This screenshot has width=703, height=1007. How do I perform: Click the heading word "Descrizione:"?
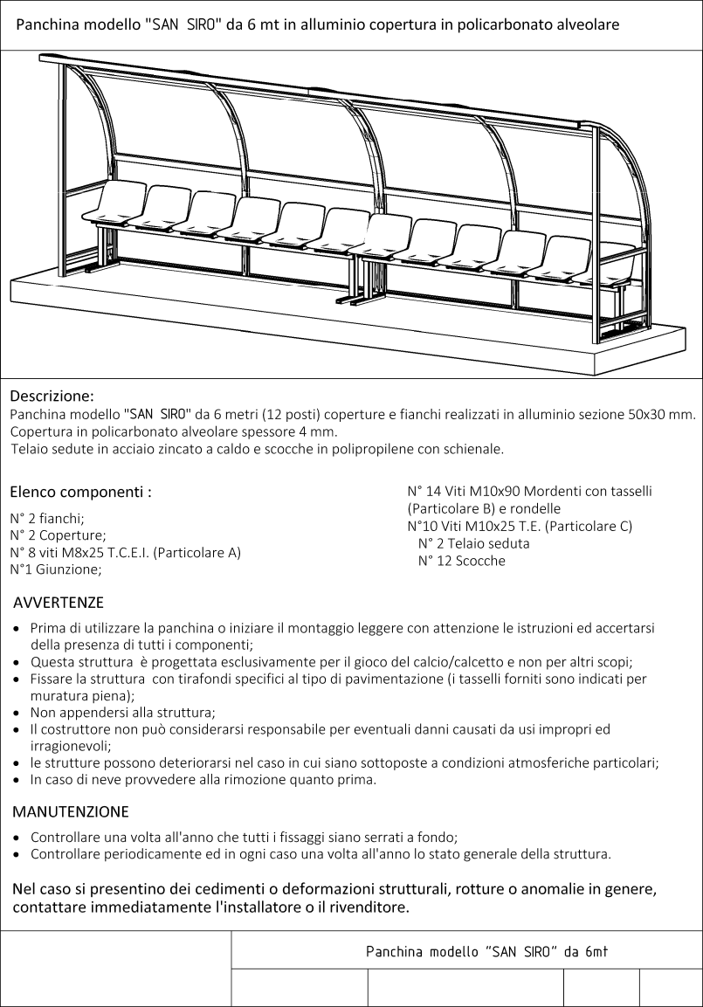pyautogui.click(x=52, y=396)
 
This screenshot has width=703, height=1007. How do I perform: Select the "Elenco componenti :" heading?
pyautogui.click(x=80, y=492)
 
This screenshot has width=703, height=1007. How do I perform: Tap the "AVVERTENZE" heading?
pyautogui.click(x=59, y=603)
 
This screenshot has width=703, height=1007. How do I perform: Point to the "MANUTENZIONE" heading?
pyautogui.click(x=71, y=811)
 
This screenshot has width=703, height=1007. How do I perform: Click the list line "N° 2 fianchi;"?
pyautogui.click(x=47, y=518)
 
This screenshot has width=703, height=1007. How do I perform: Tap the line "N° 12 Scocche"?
pyautogui.click(x=461, y=561)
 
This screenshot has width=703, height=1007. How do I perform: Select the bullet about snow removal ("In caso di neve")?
pyautogui.click(x=203, y=780)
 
